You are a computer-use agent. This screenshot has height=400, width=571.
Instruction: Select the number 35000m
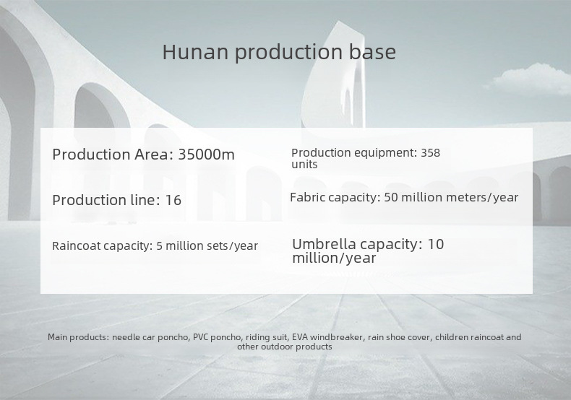[x=206, y=155]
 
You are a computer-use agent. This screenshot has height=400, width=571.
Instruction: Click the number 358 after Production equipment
[x=431, y=153]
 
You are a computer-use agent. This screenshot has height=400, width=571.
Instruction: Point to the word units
[x=304, y=165]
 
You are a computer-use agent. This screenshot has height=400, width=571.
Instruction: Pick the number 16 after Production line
[x=173, y=201]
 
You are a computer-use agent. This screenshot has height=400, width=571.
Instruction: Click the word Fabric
[x=305, y=197]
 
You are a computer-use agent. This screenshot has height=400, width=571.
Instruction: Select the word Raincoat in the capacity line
[x=76, y=245]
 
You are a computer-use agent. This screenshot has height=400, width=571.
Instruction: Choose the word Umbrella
[x=324, y=244]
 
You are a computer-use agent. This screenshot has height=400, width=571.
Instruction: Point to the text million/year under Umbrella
[x=334, y=258]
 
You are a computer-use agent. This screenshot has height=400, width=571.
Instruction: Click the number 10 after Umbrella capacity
[x=436, y=244]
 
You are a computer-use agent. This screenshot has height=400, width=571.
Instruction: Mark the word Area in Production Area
[x=152, y=155]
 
